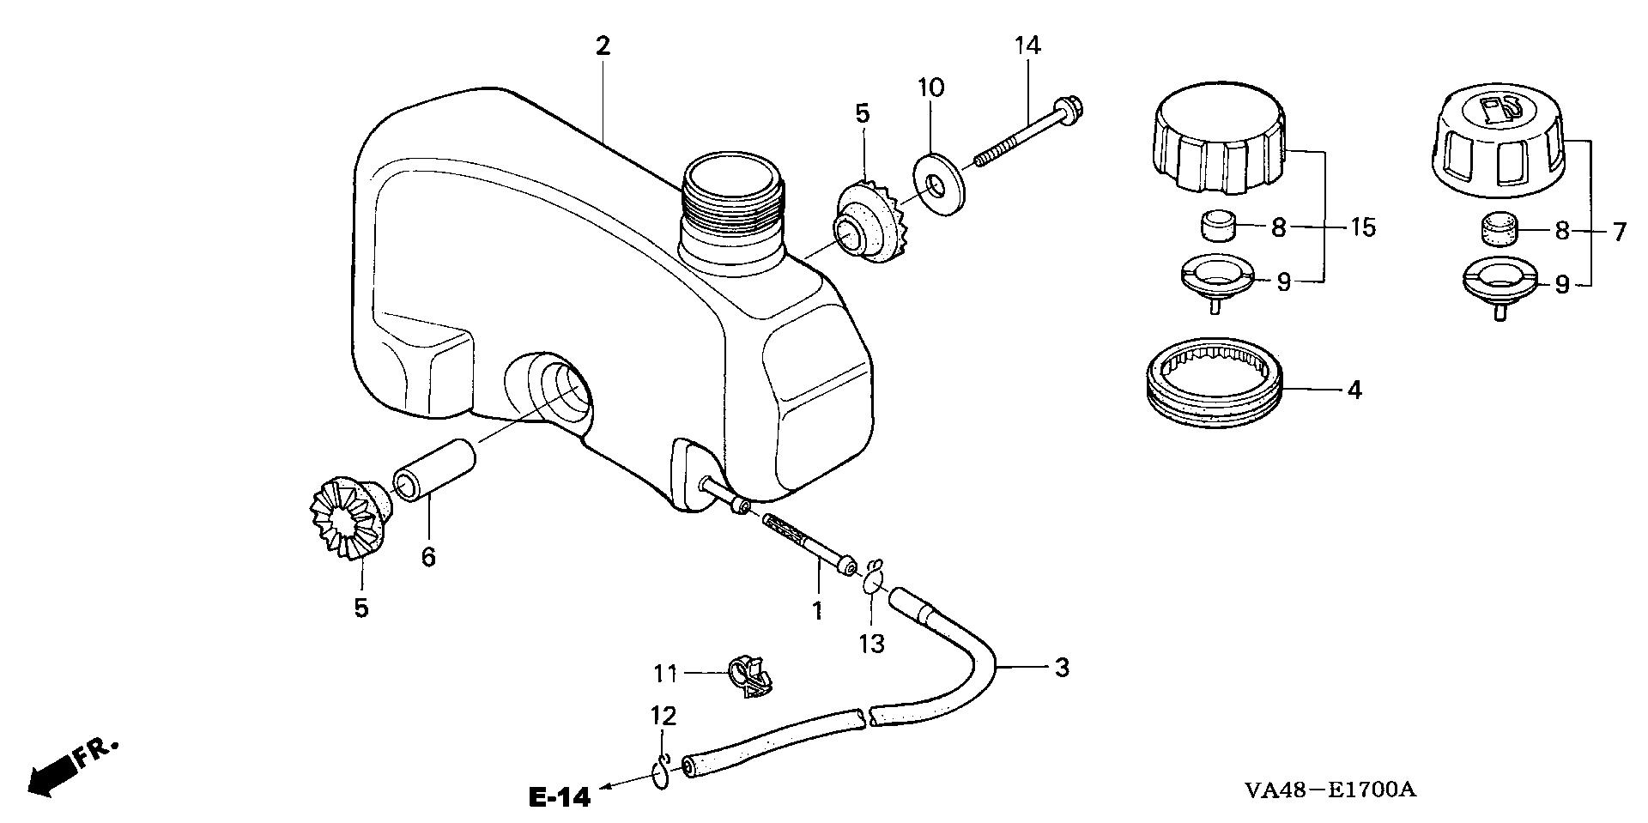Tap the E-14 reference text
point(560,797)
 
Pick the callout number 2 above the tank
point(603,46)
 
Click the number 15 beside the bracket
point(1363,227)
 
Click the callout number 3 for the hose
point(1062,667)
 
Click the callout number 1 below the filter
point(817,611)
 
